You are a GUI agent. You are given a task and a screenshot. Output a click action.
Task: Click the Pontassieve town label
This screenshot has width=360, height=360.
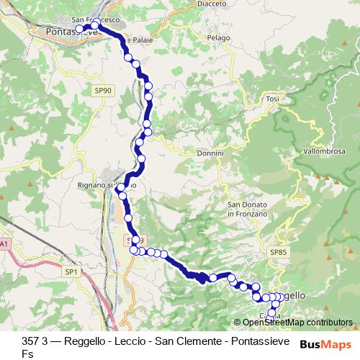tap(71, 32)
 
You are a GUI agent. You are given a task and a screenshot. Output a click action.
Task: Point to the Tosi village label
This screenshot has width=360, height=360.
tap(272, 98)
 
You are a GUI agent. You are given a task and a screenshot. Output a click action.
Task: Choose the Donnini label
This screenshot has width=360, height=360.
tap(210, 153)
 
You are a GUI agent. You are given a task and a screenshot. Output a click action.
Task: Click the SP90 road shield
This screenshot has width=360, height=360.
tap(102, 90)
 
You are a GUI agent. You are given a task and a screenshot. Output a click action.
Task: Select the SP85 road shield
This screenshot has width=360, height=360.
tap(278, 252)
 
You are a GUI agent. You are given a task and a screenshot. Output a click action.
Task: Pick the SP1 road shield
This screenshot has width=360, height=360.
tap(71, 271)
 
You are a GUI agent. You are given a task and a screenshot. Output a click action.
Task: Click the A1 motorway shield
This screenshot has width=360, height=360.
tap(5, 246)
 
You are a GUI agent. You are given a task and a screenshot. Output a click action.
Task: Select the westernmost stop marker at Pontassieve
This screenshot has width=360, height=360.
tap(80, 30)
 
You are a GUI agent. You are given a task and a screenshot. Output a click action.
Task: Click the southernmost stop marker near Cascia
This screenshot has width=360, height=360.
tap(271, 313)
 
